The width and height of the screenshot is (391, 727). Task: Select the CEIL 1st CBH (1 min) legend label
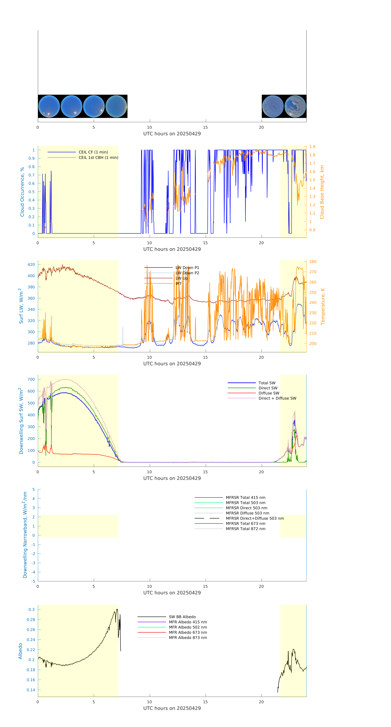(98, 157)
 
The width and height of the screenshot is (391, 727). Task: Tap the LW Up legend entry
(182, 278)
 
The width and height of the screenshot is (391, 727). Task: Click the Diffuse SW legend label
(269, 393)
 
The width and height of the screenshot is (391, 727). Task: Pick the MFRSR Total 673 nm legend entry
(245, 524)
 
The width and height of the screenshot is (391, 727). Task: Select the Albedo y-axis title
(20, 651)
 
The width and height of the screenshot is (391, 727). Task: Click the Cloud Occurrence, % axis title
(22, 192)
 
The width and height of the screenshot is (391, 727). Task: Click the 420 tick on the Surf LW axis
(31, 264)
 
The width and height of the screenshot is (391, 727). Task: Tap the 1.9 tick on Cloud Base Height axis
(312, 147)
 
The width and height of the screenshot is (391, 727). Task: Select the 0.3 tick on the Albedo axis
(32, 610)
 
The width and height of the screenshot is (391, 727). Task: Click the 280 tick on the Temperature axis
(313, 262)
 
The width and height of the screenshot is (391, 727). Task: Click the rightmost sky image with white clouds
(295, 106)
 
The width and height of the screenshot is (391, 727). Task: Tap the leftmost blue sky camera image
(49, 106)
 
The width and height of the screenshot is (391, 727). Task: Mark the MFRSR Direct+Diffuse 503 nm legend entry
(254, 518)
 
